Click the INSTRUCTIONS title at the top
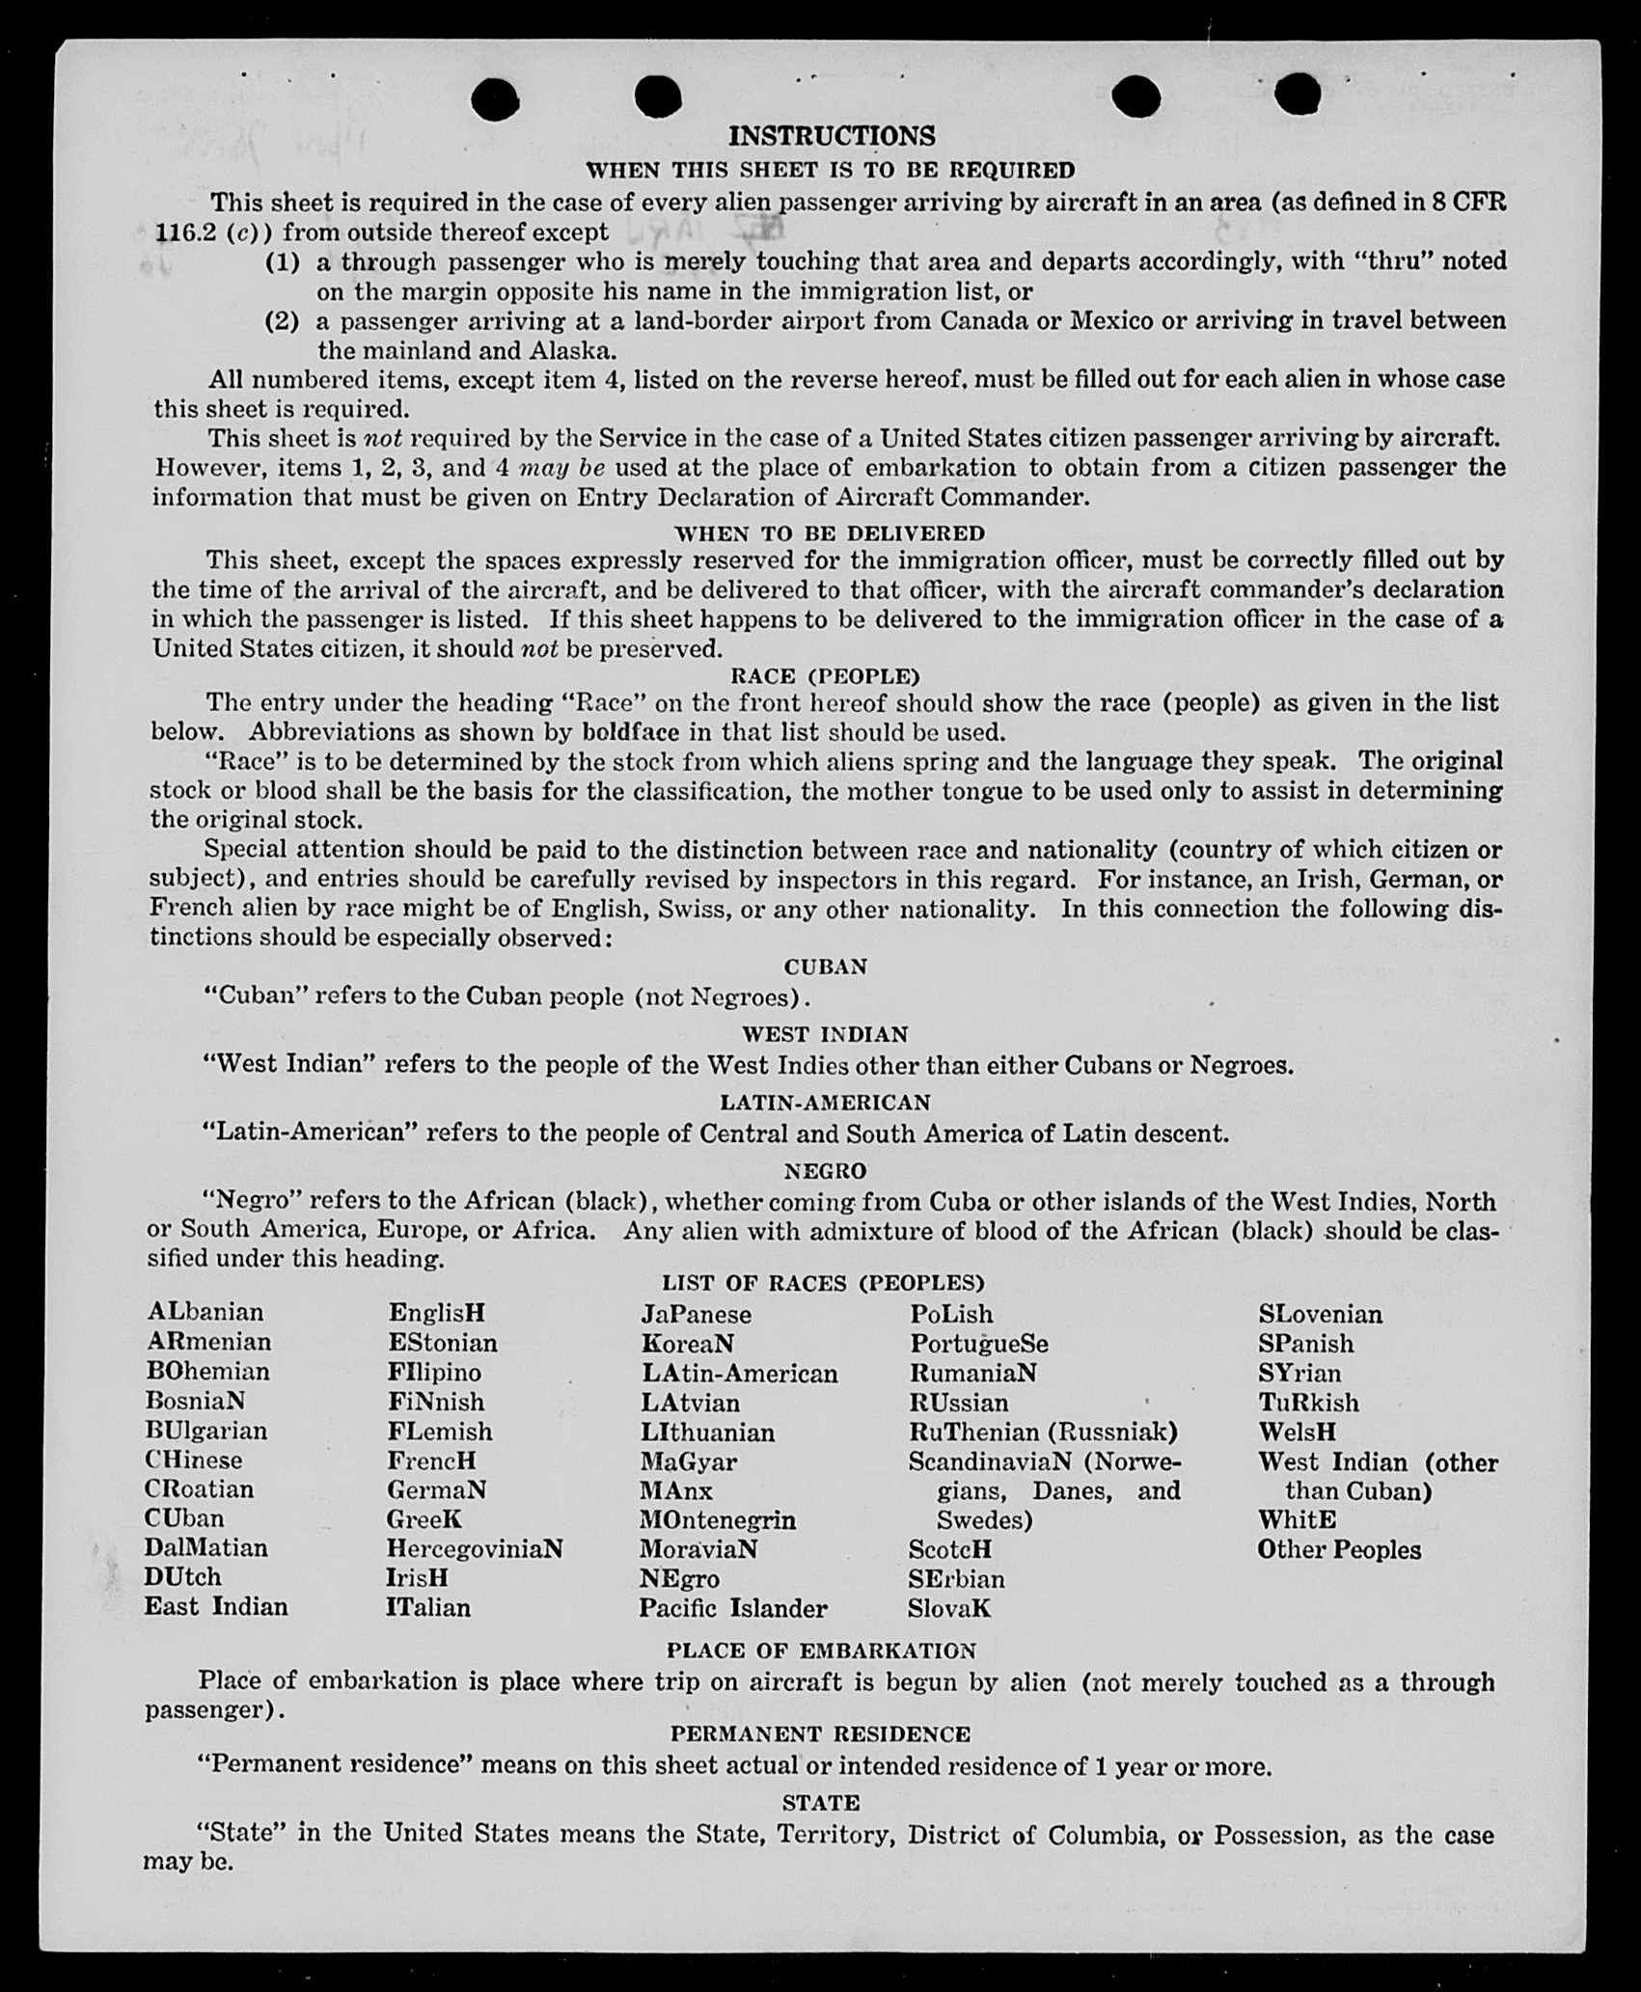point(831,136)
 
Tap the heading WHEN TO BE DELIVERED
point(829,533)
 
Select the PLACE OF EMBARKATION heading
point(821,1651)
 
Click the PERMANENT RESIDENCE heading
point(820,1734)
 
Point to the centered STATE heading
point(821,1803)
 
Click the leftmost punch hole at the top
point(497,98)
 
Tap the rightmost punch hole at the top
point(1297,95)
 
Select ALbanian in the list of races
point(205,1312)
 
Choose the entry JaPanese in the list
point(696,1315)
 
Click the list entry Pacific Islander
point(732,1608)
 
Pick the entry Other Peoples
point(1339,1550)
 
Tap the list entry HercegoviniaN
point(475,1549)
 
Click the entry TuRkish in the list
point(1308,1403)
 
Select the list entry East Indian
point(216,1606)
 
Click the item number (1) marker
point(283,262)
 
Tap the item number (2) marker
point(283,321)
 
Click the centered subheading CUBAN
point(825,967)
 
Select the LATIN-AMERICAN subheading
point(825,1103)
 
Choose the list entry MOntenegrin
point(717,1520)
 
